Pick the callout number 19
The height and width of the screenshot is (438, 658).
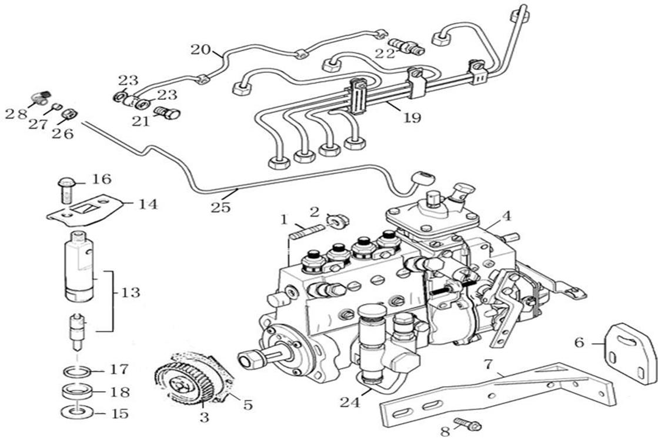tap(412, 118)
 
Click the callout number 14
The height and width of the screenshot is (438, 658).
tap(148, 204)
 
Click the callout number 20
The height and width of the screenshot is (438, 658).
tap(200, 49)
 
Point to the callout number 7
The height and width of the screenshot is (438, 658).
tap(487, 365)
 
